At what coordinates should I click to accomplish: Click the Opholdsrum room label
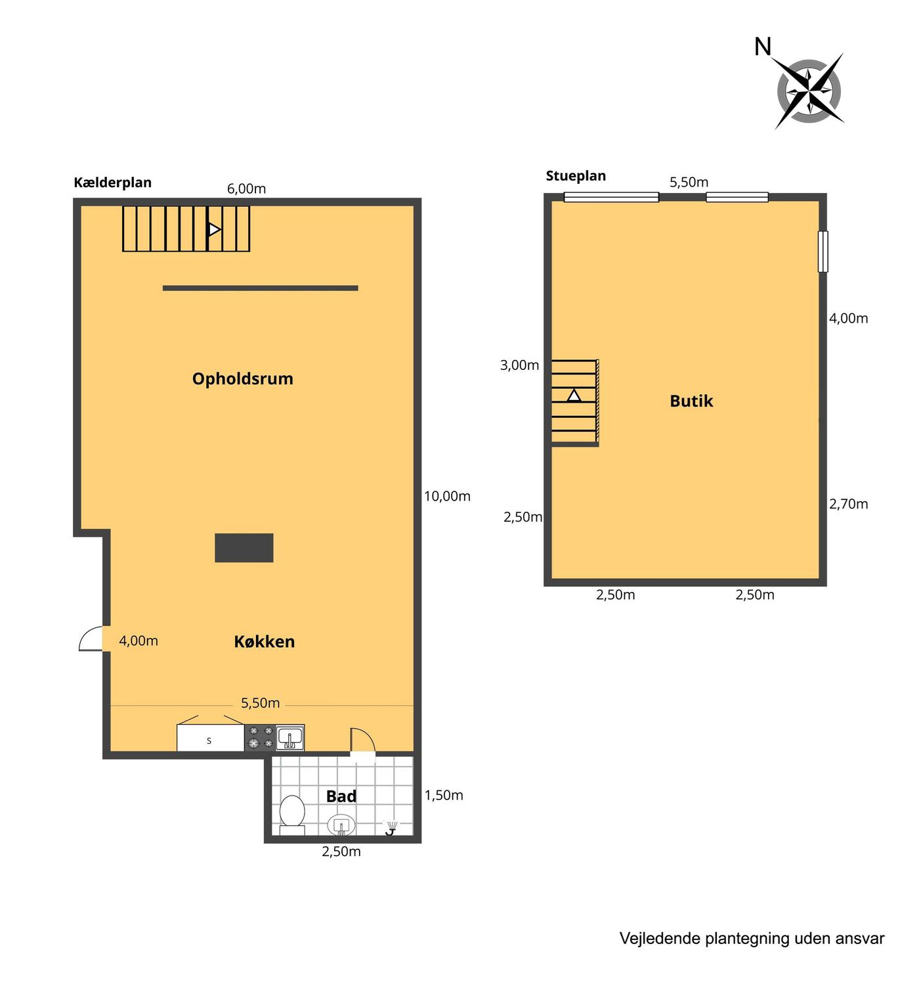coord(243,379)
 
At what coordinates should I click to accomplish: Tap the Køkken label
coord(264,641)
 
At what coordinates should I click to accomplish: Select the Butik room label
coord(691,401)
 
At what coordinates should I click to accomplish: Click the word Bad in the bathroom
coord(341,796)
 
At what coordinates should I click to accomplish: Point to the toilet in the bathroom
coord(292,815)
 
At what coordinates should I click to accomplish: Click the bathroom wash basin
coord(341,826)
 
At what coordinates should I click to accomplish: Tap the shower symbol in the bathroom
coord(392,827)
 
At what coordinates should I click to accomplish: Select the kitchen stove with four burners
coord(261,737)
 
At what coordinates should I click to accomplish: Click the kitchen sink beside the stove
coord(290,737)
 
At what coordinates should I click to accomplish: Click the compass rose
coord(809,91)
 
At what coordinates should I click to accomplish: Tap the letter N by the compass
coord(763,47)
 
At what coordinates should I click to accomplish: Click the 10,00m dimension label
coord(447,496)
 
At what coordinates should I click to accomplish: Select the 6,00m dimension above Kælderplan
coord(247,189)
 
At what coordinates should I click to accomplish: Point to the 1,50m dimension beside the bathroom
coord(443,795)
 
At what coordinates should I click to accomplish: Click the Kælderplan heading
coord(112,183)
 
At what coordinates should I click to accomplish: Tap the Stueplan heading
coord(576,176)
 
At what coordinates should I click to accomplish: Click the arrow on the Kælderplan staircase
coord(214,229)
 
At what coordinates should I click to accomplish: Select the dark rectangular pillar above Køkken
coord(244,548)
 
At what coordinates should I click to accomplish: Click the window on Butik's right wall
coord(823,252)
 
